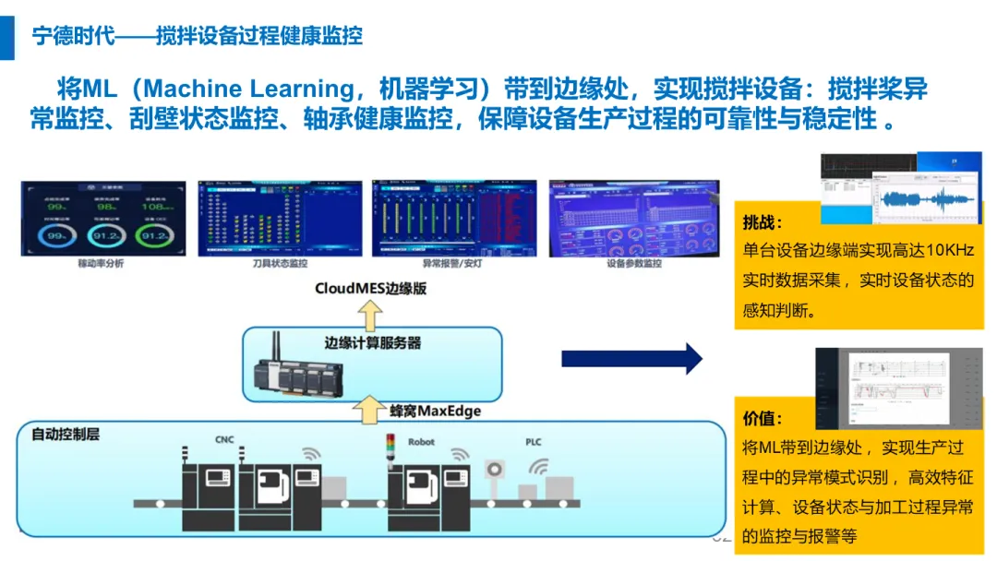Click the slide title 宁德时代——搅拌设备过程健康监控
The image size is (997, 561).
(197, 35)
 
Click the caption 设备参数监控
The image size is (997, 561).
(633, 264)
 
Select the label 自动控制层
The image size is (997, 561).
(66, 434)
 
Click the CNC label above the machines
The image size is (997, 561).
(224, 440)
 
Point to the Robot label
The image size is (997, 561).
(421, 442)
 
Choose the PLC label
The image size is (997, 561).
(534, 442)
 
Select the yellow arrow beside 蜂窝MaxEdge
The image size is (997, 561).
(369, 407)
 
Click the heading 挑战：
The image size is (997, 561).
(763, 222)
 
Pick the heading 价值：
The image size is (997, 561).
(763, 418)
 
